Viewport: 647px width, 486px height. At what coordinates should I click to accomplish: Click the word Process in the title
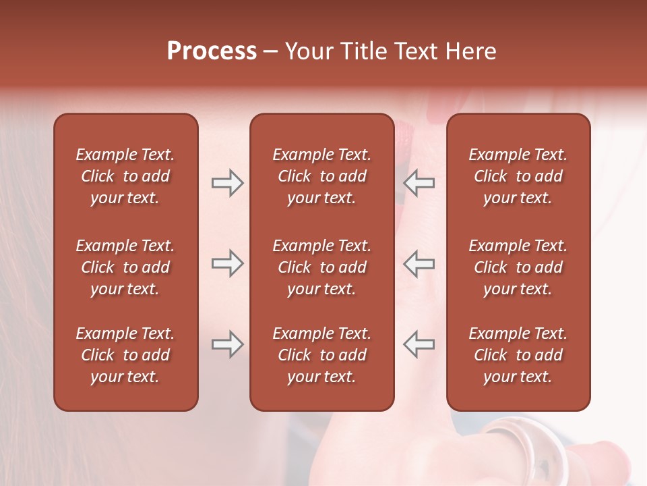(x=212, y=51)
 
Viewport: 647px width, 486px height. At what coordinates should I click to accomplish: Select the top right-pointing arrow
(x=227, y=183)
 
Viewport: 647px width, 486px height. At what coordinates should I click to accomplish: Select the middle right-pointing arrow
(x=227, y=263)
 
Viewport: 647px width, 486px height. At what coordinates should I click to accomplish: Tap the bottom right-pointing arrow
(x=227, y=344)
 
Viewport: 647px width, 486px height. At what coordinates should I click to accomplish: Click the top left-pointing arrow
(x=419, y=183)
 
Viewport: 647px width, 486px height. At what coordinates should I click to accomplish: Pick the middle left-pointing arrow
(x=419, y=263)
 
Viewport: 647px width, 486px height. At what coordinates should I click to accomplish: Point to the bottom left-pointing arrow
(x=419, y=344)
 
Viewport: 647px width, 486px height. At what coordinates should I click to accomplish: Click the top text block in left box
(x=125, y=176)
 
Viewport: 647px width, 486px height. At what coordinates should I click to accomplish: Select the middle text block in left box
(x=125, y=267)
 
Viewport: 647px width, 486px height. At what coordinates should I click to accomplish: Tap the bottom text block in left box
(x=125, y=355)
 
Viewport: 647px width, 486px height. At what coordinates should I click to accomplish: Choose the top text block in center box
(x=321, y=176)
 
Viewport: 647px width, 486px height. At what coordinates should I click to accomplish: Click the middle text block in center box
(x=321, y=267)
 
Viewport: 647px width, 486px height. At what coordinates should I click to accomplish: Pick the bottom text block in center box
(x=321, y=355)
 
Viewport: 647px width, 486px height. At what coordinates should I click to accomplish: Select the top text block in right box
(x=518, y=176)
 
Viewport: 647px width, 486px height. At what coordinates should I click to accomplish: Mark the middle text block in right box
(x=518, y=267)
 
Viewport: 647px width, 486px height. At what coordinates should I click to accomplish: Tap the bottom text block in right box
(x=518, y=355)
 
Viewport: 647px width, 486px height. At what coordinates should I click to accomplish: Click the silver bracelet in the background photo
(x=532, y=446)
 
